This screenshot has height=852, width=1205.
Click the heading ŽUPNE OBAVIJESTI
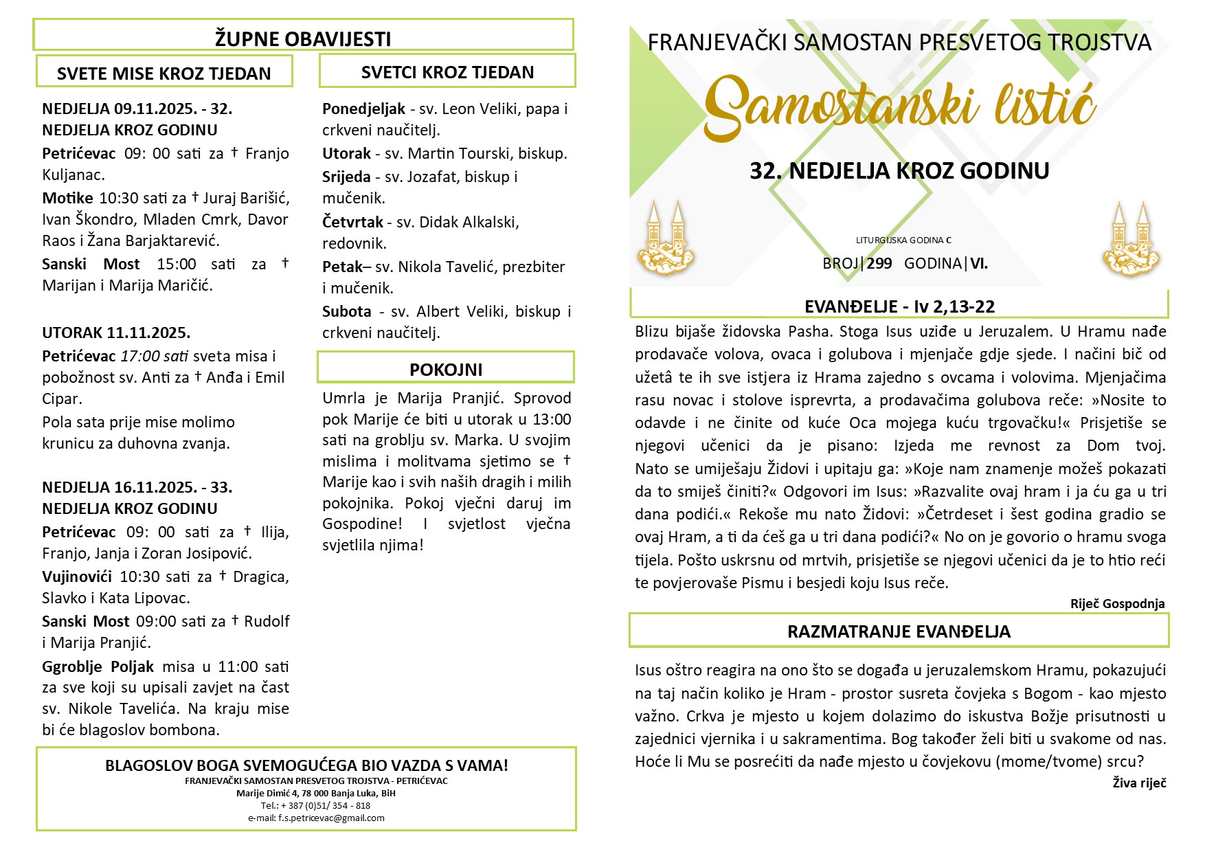(x=303, y=39)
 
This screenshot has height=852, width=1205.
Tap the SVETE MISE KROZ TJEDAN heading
(x=164, y=74)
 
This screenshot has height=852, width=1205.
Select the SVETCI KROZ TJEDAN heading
(x=447, y=72)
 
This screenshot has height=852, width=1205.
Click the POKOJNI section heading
(x=446, y=370)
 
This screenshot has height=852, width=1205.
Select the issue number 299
(x=879, y=263)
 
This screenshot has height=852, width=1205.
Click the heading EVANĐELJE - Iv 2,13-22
(x=899, y=306)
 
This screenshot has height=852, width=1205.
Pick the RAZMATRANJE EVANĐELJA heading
(x=899, y=631)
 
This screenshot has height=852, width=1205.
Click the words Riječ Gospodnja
(x=1117, y=604)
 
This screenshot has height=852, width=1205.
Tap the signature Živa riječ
(x=1139, y=783)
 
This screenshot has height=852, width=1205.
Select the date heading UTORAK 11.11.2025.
(x=116, y=333)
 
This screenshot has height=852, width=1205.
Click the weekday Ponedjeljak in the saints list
(x=363, y=109)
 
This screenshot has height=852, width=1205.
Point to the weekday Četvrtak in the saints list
(x=352, y=222)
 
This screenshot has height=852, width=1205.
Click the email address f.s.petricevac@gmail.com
(x=316, y=818)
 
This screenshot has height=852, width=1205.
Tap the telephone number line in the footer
(x=315, y=805)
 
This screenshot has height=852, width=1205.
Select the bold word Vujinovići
(x=77, y=576)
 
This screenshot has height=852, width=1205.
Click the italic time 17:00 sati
(x=155, y=356)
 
